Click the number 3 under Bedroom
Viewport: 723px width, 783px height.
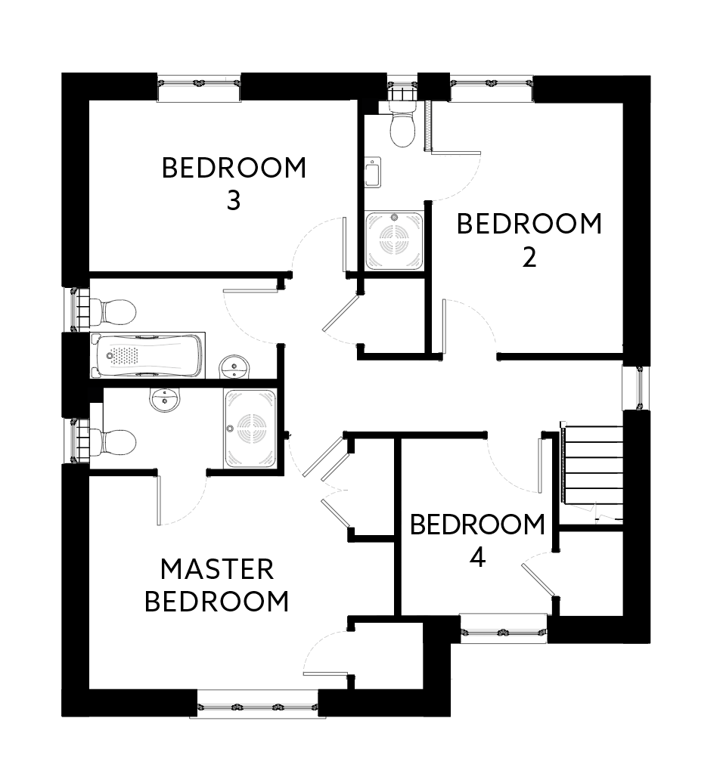tap(234, 201)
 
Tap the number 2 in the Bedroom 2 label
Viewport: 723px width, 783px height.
tap(529, 258)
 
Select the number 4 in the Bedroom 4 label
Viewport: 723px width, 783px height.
tap(478, 558)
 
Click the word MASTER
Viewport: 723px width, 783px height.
tap(217, 569)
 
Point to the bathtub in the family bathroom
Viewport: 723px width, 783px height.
tap(148, 355)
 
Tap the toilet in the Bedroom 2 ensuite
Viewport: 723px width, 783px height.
tap(402, 125)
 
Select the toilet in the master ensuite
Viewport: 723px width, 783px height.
tap(113, 442)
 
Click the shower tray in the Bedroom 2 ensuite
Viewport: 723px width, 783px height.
tap(394, 240)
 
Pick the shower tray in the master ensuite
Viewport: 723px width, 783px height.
tap(250, 429)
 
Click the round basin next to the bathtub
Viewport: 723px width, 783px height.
tap(234, 367)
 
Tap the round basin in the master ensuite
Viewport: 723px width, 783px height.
tap(164, 400)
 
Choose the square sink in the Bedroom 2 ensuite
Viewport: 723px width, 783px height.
tap(373, 172)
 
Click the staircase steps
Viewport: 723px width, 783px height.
tap(593, 472)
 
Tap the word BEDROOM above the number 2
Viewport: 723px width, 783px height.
tap(529, 224)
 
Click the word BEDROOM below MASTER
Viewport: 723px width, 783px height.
tap(217, 602)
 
